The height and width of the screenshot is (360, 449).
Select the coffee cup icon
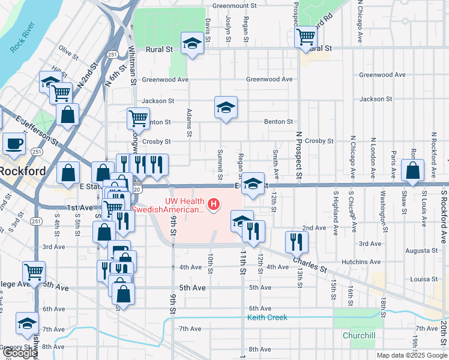coord(14,143)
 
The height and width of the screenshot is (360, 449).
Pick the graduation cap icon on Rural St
coord(192,43)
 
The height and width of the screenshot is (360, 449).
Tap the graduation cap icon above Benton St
coord(226,107)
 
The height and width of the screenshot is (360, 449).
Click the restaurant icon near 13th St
coord(297,242)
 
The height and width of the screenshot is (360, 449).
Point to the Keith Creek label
coord(267,317)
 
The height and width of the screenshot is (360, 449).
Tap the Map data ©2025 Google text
coord(412,355)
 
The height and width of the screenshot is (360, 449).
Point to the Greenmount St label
coord(234,6)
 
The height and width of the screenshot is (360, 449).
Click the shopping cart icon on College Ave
coord(34,272)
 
